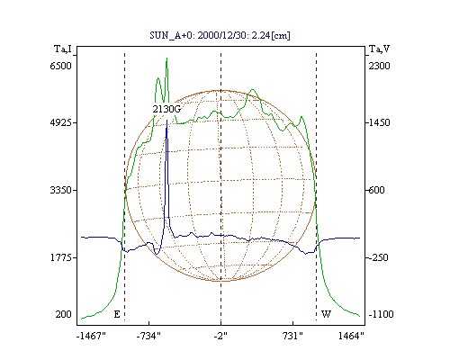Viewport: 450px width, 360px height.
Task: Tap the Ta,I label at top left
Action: [x=63, y=49]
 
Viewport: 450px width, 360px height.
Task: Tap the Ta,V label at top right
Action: [x=379, y=49]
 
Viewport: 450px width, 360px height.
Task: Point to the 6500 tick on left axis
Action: [x=61, y=66]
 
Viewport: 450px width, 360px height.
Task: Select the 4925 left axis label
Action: [x=61, y=122]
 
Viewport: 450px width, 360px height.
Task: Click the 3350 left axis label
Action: [x=61, y=190]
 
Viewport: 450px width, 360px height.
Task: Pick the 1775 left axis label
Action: [x=61, y=257]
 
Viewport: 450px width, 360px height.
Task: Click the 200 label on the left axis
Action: [x=64, y=314]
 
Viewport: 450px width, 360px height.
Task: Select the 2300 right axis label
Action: [x=379, y=66]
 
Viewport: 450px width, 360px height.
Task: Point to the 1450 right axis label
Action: [x=379, y=122]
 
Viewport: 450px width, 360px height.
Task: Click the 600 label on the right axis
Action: [x=376, y=190]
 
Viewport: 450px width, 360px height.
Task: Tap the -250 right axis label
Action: [x=378, y=257]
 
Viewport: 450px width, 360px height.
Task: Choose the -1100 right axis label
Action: [x=381, y=314]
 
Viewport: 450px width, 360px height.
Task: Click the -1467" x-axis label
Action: [x=91, y=336]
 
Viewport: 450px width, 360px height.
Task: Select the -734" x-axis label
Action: [x=148, y=336]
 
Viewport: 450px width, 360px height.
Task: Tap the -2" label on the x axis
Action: [x=220, y=336]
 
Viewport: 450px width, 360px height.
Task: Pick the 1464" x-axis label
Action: [x=351, y=336]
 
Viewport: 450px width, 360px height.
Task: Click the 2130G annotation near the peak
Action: [x=166, y=109]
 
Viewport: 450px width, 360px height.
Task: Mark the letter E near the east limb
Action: [x=117, y=314]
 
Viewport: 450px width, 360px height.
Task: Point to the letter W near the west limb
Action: [x=326, y=314]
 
